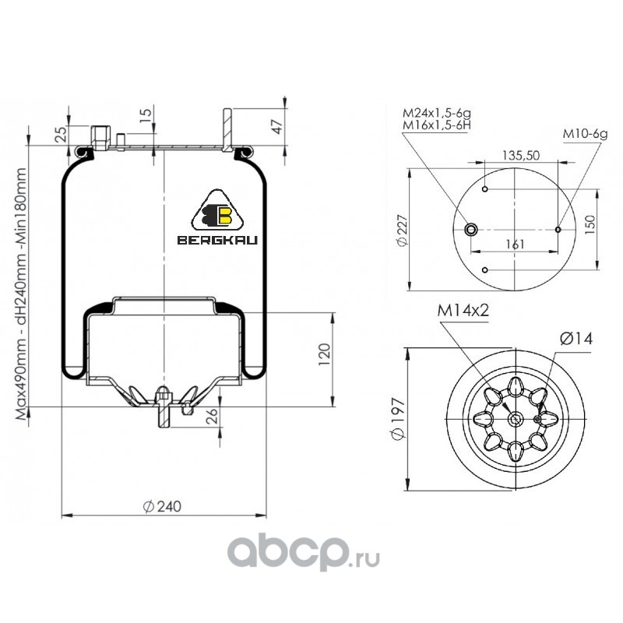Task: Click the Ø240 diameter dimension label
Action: point(162,507)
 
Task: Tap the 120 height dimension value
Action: point(324,354)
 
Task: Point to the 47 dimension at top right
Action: point(278,126)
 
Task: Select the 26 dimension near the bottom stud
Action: point(213,416)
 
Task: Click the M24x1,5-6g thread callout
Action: point(437,113)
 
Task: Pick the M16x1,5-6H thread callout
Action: point(437,125)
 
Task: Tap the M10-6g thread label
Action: point(585,134)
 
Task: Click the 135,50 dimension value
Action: point(521,155)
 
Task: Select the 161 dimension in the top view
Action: point(515,244)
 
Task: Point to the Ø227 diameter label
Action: point(402,230)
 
